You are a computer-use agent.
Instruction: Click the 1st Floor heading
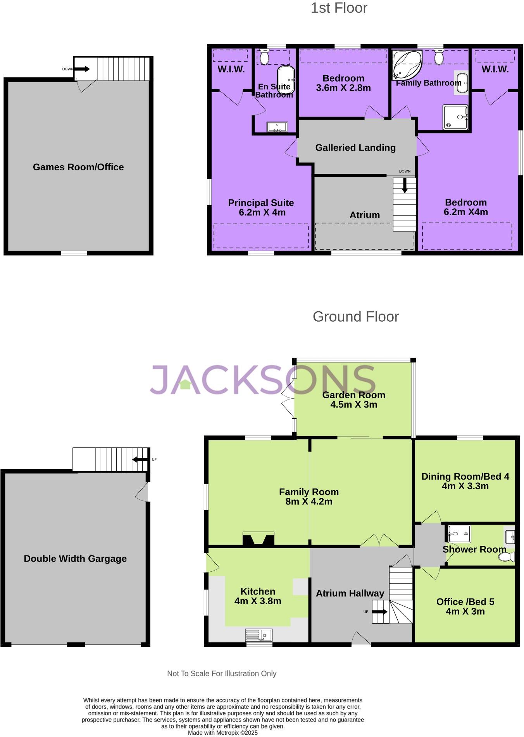(x=339, y=8)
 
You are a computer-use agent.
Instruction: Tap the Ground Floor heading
(x=355, y=317)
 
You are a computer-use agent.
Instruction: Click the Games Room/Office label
(x=78, y=167)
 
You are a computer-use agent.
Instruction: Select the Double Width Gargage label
(x=75, y=559)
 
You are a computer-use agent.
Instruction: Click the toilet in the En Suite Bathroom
(x=264, y=57)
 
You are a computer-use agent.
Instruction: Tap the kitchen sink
(x=259, y=635)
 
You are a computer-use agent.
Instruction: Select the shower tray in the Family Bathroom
(x=455, y=117)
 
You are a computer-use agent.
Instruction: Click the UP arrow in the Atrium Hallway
(x=379, y=612)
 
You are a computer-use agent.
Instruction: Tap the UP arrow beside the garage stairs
(x=140, y=459)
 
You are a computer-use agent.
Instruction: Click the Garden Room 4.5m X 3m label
(x=353, y=400)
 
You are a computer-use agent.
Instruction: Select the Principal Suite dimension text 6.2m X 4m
(x=262, y=213)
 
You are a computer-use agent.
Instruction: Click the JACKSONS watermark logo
(x=263, y=380)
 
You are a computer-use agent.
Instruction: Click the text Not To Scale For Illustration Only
(x=221, y=674)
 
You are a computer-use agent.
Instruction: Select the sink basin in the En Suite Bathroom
(x=277, y=127)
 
